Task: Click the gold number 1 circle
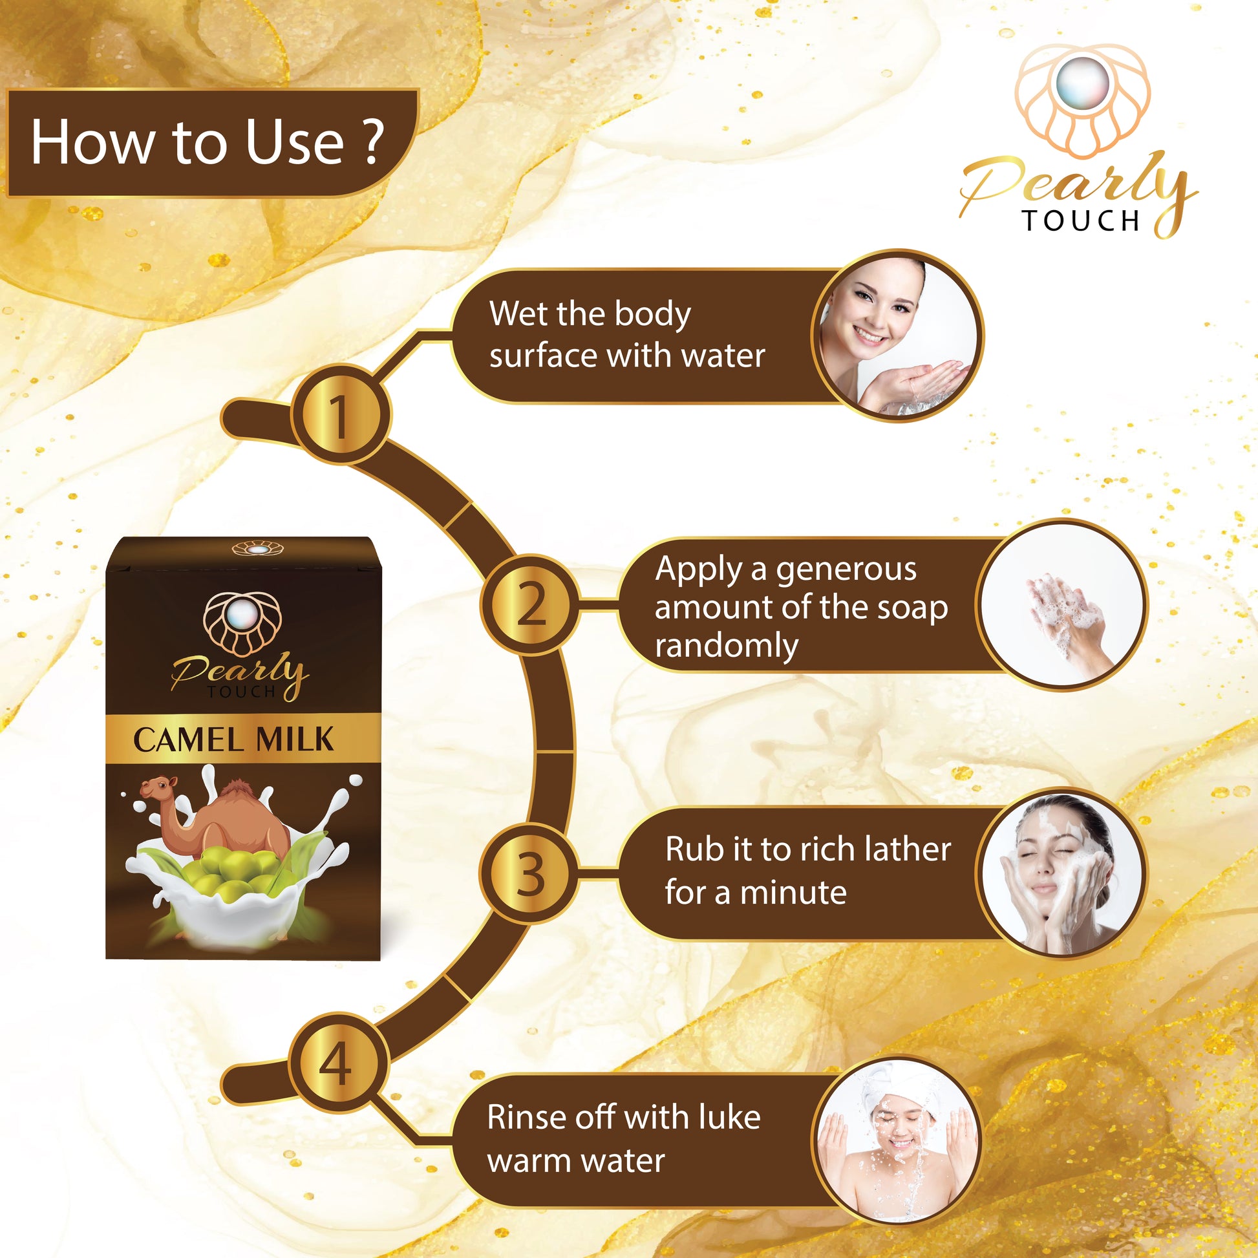(340, 415)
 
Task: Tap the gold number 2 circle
(530, 604)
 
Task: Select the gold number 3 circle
(530, 873)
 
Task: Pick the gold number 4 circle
(339, 1063)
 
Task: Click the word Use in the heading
(294, 142)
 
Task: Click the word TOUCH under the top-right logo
(1081, 220)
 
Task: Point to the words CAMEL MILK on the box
(233, 740)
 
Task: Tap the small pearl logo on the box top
(259, 549)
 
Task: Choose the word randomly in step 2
(727, 646)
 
